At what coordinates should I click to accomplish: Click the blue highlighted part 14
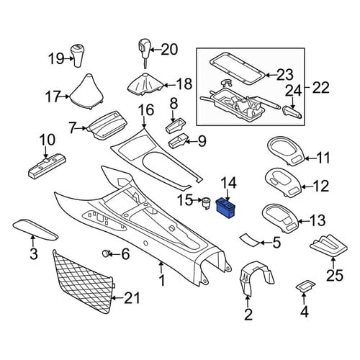coord(226,208)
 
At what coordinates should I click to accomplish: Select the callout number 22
coord(320,88)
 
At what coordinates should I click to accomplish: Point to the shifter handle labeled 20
coord(143,52)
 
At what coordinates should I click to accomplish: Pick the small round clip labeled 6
coord(106,253)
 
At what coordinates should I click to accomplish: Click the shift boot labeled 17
coord(87,92)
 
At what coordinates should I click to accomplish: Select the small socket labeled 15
coord(206,203)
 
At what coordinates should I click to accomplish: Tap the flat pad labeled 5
coord(250,240)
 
